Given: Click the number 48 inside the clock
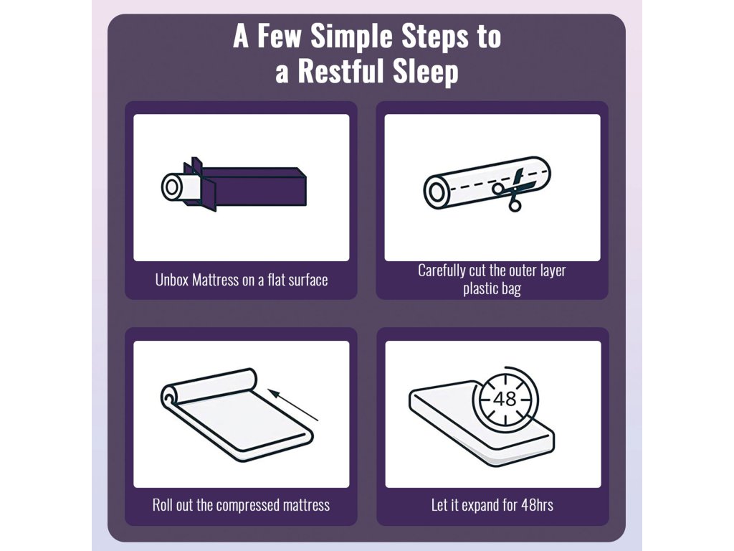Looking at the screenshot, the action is pos(505,399).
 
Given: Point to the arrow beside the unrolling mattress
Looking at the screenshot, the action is pos(293,405).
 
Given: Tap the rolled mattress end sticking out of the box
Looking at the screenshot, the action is pos(181,187).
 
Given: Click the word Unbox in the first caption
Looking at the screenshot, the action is pos(172,281).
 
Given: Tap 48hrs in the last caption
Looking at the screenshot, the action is pos(538,505).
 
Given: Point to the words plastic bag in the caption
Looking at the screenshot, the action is pos(492,288).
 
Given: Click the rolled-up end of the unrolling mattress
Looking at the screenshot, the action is pos(209,386).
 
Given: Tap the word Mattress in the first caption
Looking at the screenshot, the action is pos(215,281).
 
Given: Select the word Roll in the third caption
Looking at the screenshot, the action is pos(163,505).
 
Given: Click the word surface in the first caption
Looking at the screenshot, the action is pos(308,281).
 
